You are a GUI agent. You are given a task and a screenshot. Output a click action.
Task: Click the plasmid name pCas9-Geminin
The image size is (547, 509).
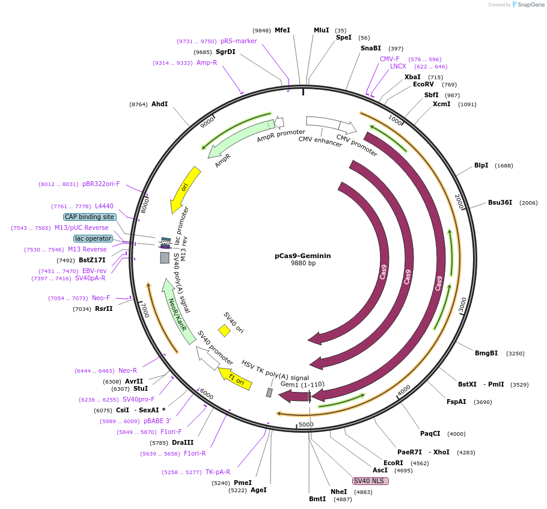302,255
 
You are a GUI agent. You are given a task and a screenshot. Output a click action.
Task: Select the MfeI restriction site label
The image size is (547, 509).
282,30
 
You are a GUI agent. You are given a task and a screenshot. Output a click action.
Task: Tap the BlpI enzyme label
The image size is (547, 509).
481,165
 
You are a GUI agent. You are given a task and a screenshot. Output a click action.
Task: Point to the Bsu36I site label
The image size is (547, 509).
500,202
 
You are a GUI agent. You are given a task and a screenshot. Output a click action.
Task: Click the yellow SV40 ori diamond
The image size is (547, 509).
224,330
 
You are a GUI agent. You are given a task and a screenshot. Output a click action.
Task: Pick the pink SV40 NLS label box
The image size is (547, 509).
370,481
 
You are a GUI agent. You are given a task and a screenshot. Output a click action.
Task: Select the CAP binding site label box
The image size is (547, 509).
89,217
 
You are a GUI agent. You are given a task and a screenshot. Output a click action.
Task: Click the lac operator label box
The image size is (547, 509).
93,238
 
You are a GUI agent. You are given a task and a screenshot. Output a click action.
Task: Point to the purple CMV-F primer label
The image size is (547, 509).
390,59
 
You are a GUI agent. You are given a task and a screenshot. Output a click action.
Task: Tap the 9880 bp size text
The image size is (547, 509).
303,264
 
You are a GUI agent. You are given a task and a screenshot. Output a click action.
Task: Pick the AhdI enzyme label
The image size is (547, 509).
159,104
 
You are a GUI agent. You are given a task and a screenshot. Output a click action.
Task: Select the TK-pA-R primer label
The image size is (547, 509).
218,472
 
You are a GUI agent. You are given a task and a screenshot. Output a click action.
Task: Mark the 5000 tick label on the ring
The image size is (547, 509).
306,424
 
